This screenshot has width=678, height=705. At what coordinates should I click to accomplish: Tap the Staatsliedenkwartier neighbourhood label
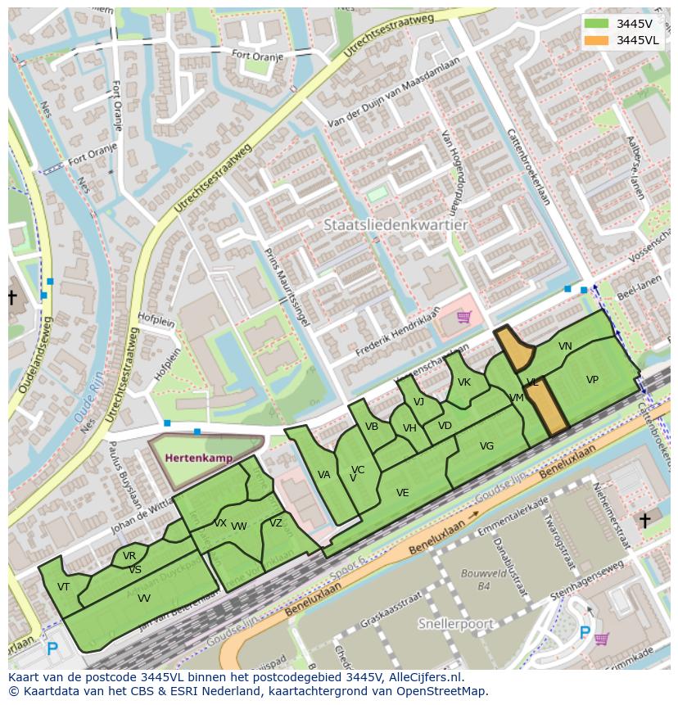point(395,224)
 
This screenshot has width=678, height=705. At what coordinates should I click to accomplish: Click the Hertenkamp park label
point(199,458)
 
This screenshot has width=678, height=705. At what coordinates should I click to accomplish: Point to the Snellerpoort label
point(456,624)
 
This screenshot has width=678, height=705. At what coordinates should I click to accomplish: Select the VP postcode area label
point(592,380)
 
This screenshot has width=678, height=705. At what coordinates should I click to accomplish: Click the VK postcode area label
point(464,382)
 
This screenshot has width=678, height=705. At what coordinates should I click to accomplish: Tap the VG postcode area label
point(486,446)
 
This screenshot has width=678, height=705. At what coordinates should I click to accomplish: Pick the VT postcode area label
point(63,586)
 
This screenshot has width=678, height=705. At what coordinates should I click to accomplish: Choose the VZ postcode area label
point(276,523)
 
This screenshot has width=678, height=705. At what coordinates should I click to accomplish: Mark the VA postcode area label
point(323,475)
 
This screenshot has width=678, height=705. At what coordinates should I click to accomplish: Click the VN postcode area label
point(565,346)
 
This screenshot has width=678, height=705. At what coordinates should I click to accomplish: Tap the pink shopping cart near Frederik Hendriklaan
point(464,316)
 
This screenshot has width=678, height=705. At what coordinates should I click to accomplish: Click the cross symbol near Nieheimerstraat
point(644,521)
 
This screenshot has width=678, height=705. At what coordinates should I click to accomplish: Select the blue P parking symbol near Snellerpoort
point(585,632)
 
